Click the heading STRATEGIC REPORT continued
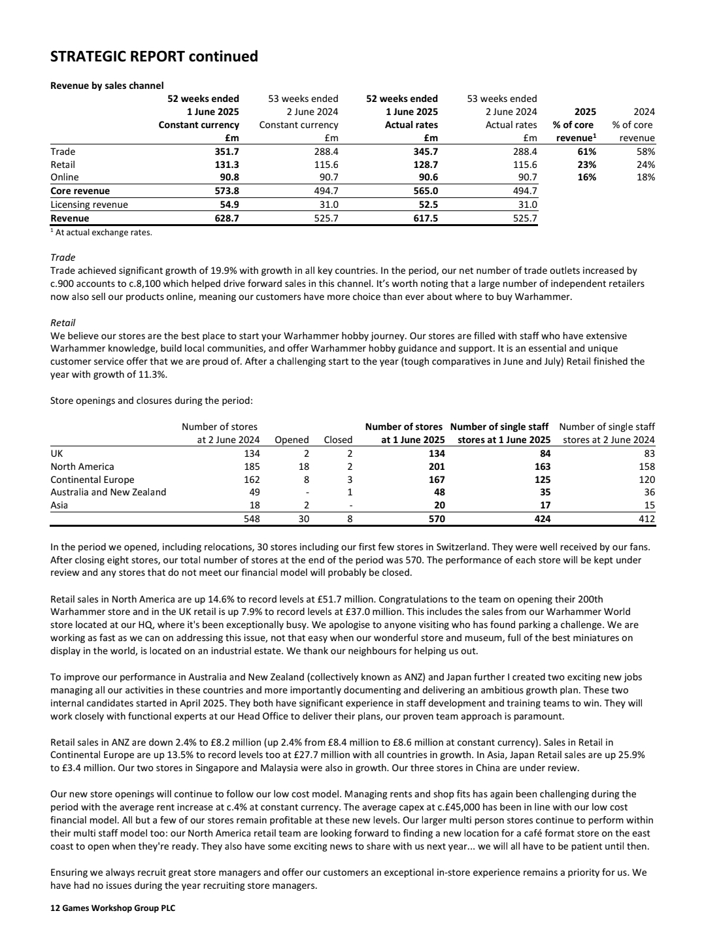click(x=154, y=57)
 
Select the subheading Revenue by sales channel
click(x=107, y=86)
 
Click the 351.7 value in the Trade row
click(x=227, y=152)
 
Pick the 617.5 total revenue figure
click(x=426, y=218)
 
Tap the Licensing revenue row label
click(x=89, y=205)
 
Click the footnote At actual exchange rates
click(x=103, y=232)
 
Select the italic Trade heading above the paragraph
click(x=63, y=257)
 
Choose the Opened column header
click(x=292, y=440)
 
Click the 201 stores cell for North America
click(x=436, y=467)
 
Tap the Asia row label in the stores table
click(x=59, y=505)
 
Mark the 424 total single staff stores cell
click(x=541, y=519)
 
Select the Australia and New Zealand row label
click(x=109, y=492)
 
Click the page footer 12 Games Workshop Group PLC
click(x=112, y=908)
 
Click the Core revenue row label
click(x=80, y=191)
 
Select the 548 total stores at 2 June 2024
click(x=251, y=519)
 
